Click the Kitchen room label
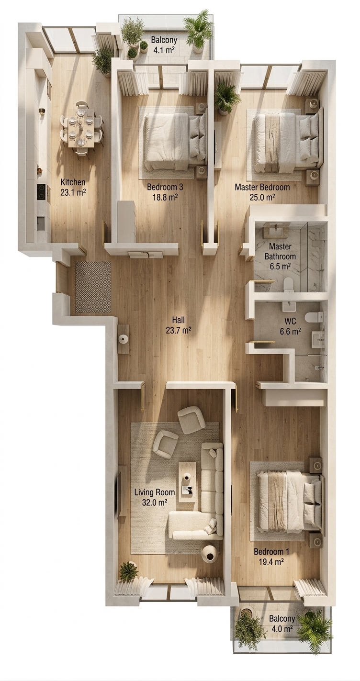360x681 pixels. click(x=73, y=182)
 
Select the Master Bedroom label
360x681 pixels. click(x=262, y=187)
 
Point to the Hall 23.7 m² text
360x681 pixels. click(x=179, y=324)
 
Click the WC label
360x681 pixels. click(x=291, y=321)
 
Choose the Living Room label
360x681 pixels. click(x=155, y=492)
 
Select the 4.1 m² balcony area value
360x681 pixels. click(x=164, y=50)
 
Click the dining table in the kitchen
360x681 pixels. click(x=81, y=128)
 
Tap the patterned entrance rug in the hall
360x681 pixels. click(x=93, y=287)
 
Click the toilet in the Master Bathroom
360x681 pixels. click(x=288, y=286)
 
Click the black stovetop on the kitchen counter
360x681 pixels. click(x=42, y=192)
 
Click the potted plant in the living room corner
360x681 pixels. click(x=127, y=571)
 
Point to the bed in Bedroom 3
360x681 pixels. click(x=173, y=141)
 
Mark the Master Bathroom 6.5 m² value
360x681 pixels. click(x=281, y=267)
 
